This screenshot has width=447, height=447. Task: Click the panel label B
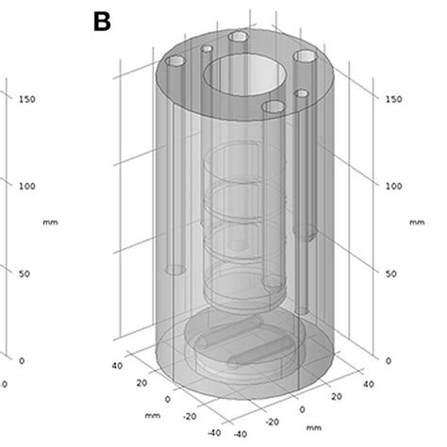click(x=102, y=21)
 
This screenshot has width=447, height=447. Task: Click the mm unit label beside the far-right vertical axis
click(x=417, y=223)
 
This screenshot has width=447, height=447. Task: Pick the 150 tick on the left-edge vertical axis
click(x=27, y=99)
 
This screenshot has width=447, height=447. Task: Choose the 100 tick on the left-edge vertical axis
click(x=27, y=186)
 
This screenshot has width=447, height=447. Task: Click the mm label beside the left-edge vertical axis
click(x=48, y=223)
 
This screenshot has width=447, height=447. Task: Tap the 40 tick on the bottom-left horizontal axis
click(x=118, y=364)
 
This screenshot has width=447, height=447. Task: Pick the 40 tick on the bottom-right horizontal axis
click(x=369, y=383)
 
